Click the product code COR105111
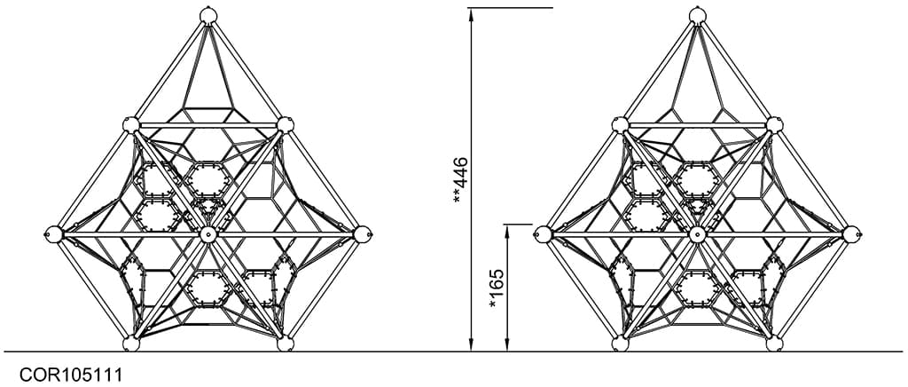(x=71, y=375)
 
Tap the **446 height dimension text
(x=461, y=180)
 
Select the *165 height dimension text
(x=497, y=288)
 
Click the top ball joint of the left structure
(x=207, y=15)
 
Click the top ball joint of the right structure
(x=698, y=15)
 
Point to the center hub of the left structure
(x=207, y=234)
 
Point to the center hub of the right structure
(x=697, y=234)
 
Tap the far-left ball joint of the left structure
(x=53, y=234)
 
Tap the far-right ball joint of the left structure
(x=362, y=234)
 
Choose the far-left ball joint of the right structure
(x=543, y=234)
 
